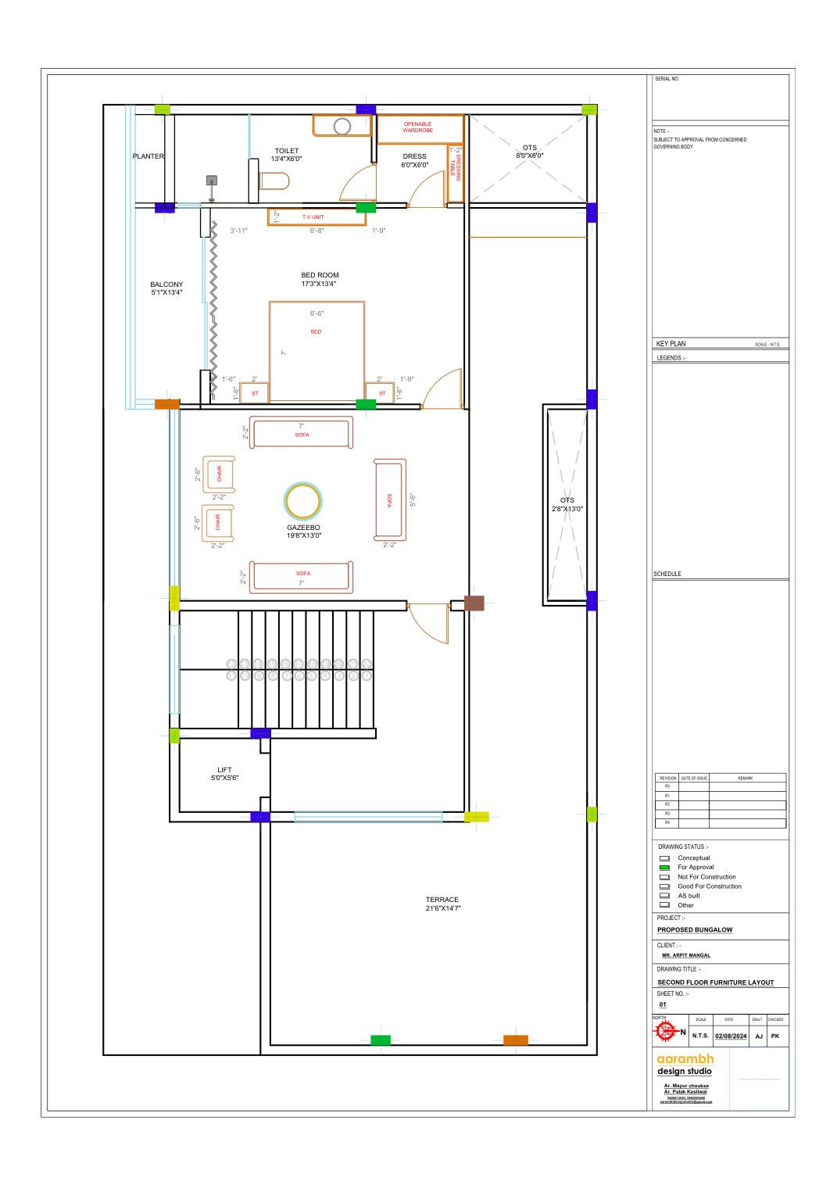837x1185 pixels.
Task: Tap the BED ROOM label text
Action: (320, 276)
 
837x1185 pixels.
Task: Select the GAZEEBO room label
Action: (303, 528)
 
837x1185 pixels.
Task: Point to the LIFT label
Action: (224, 771)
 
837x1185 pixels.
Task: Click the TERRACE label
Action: (442, 900)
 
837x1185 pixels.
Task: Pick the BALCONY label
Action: (166, 285)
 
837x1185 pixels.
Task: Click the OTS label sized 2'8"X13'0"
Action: (567, 501)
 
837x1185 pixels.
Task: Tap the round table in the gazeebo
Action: (303, 501)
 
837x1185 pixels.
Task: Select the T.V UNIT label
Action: (313, 217)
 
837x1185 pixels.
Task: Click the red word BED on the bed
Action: (316, 332)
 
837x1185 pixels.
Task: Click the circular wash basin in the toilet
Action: (342, 127)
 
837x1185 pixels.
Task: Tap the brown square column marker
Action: (474, 603)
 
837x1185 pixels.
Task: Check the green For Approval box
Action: (664, 868)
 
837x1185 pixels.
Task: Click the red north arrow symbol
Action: (666, 1032)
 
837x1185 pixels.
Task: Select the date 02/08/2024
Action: (731, 1036)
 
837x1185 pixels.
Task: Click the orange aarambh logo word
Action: (685, 1059)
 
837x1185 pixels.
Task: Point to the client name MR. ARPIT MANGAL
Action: (686, 955)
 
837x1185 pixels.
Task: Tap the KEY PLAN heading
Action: (671, 344)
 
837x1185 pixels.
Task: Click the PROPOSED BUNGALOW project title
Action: (695, 930)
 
